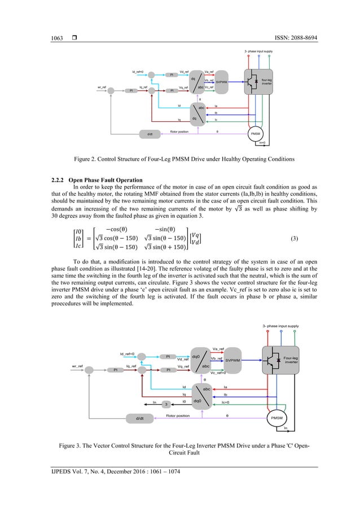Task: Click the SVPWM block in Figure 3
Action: [233, 360]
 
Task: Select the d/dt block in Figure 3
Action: [140, 418]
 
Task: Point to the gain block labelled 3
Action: [166, 404]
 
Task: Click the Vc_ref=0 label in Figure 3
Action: [218, 373]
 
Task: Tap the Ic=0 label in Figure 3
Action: [226, 402]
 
